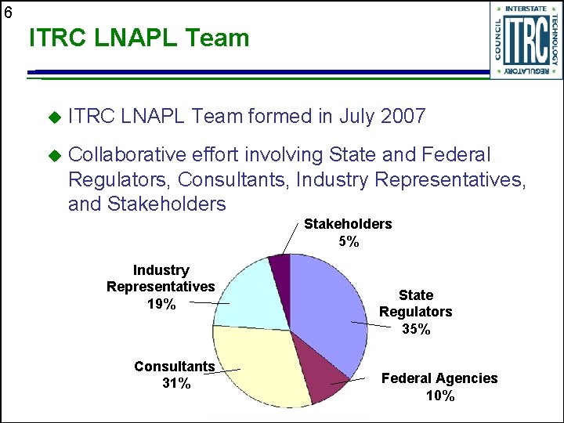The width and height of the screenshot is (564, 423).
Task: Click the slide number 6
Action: pyautogui.click(x=7, y=13)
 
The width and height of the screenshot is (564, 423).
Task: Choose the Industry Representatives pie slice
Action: pyautogui.click(x=251, y=294)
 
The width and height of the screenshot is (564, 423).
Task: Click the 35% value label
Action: pyautogui.click(x=416, y=330)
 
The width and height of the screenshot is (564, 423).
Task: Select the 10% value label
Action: pyautogui.click(x=439, y=396)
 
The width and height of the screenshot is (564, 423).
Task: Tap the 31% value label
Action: pyautogui.click(x=175, y=383)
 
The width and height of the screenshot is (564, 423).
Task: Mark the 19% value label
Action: pyautogui.click(x=161, y=304)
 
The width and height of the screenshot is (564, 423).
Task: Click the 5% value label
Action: pyautogui.click(x=349, y=241)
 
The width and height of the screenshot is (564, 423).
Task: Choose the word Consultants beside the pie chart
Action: pyautogui.click(x=174, y=367)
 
